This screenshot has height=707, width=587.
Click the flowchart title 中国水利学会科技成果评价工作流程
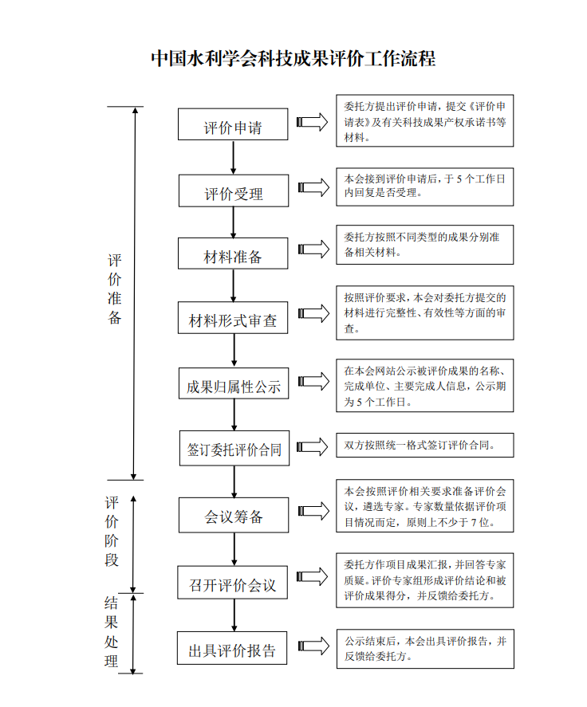pos(293,59)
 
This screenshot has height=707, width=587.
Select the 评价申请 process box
pos(233,124)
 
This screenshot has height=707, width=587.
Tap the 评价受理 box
pos(234,190)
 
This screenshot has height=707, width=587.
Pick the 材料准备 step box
pos(233,253)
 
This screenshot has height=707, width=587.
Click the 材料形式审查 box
pos(233,317)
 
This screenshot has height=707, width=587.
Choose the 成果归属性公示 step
pos(234,383)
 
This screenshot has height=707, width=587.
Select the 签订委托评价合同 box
pos(234,448)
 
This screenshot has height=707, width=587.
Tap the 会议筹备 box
pos(234,515)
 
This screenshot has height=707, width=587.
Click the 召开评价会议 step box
pos(232,582)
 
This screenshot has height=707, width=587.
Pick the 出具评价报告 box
pos(232,648)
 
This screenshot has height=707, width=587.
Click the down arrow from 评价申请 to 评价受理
pos(233,157)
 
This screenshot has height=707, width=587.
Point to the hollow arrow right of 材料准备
pos(313,249)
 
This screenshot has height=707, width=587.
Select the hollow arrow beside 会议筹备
pos(313,511)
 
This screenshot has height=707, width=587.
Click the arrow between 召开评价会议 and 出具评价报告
pos(234,615)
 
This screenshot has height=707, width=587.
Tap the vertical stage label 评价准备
pos(115,289)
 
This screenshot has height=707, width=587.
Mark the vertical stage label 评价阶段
pos(112,531)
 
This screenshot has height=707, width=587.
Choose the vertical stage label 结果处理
pos(111,632)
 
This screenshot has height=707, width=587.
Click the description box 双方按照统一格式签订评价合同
pos(425,445)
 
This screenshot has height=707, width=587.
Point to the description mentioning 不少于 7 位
pos(425,506)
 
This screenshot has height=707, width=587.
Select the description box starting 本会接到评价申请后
pos(425,187)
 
